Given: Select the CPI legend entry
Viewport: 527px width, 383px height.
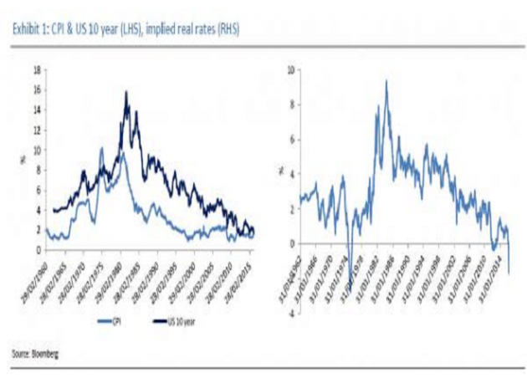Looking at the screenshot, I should coord(109,319).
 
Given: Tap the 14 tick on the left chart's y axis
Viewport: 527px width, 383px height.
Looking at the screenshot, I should coord(36,110).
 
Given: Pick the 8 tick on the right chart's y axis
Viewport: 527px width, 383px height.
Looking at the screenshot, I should coord(290,105).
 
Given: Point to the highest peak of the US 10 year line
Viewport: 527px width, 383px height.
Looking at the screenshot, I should coord(126,92).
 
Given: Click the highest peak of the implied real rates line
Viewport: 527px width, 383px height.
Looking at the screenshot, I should coord(386,81).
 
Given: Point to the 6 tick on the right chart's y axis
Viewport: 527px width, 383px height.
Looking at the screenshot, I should coord(290,140).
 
